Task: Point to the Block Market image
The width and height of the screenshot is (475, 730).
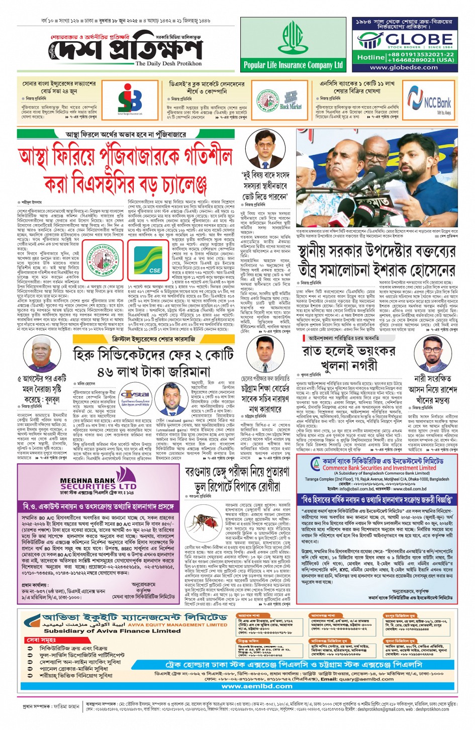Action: [x=291, y=100]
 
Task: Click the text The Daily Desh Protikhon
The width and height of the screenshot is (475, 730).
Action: [x=168, y=64]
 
